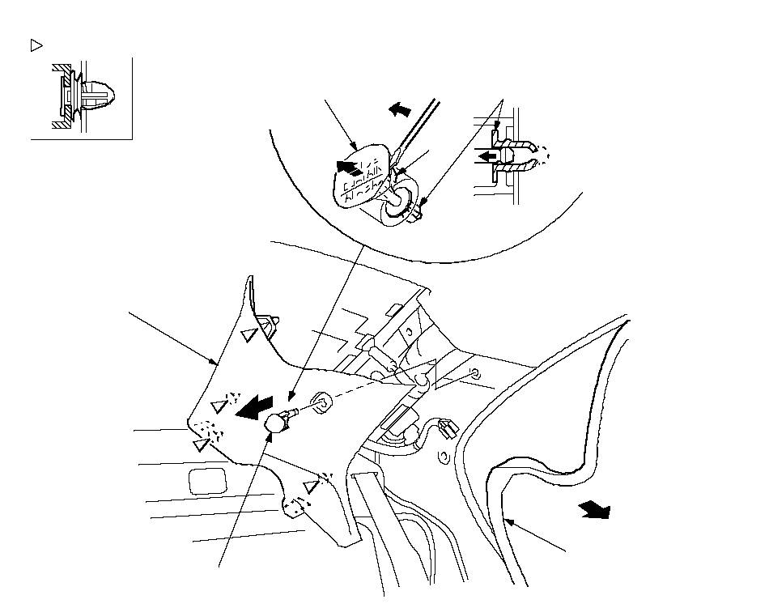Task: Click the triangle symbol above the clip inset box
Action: (36, 45)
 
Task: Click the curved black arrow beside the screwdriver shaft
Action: (399, 110)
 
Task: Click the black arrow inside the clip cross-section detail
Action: (486, 154)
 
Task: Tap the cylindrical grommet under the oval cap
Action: (398, 204)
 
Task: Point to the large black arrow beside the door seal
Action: (594, 510)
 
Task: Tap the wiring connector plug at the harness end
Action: (443, 426)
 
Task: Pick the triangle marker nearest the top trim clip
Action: (249, 334)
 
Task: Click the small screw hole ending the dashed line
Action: (475, 373)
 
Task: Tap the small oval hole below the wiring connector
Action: (442, 457)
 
